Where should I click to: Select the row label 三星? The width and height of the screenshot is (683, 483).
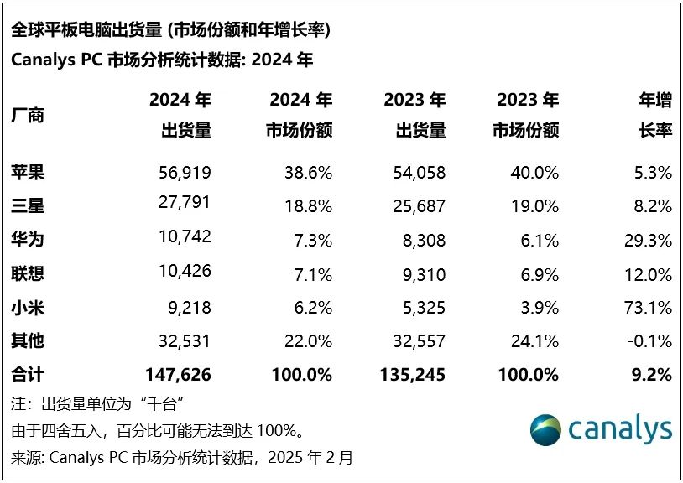pos(28,206)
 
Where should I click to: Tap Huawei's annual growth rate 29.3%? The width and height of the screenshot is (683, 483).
pos(649,241)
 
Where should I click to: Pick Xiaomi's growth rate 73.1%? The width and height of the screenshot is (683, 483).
pos(649,308)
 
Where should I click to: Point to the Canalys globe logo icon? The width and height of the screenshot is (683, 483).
pos(545,429)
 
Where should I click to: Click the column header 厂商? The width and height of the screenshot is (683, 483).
pos(28,115)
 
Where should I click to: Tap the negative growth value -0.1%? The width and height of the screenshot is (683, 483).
pos(649,341)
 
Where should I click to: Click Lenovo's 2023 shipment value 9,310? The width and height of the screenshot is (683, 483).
pos(423,274)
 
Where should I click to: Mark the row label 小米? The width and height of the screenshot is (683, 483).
pos(28,308)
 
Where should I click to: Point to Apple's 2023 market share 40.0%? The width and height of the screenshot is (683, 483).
pos(534,173)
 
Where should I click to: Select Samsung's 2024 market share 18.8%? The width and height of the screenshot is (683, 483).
pos(308,206)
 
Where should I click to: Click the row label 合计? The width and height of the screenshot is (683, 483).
pos(28,375)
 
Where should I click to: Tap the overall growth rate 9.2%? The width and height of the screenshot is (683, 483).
pos(652,375)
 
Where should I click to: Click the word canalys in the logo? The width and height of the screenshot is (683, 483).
pos(620,429)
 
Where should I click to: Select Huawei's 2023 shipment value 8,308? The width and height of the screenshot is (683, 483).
pos(423,241)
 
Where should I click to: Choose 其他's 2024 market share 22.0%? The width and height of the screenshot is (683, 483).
pos(308,341)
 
